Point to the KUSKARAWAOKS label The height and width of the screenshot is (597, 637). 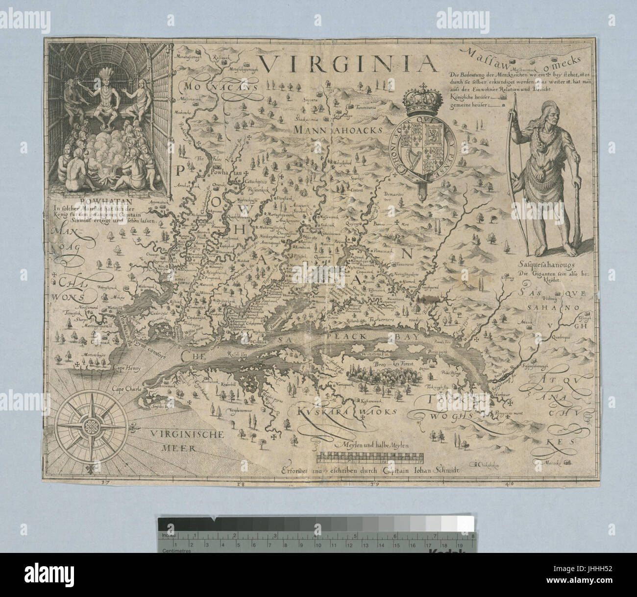pos(346,411)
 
